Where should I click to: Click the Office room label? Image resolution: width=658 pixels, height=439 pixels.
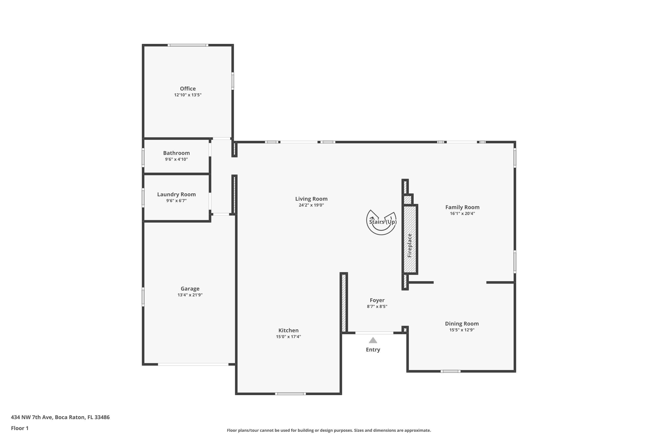pyautogui.click(x=188, y=88)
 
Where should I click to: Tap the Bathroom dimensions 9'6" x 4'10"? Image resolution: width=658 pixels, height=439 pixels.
pyautogui.click(x=176, y=159)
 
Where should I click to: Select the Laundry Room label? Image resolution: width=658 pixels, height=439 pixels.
pyautogui.click(x=176, y=194)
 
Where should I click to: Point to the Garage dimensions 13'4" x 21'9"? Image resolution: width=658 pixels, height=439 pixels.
pyautogui.click(x=190, y=295)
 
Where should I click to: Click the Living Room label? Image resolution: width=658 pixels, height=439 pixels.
pyautogui.click(x=311, y=199)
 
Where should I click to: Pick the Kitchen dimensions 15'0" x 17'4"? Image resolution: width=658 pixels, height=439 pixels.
pyautogui.click(x=288, y=336)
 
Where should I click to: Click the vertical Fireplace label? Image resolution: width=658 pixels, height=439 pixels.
pyautogui.click(x=409, y=246)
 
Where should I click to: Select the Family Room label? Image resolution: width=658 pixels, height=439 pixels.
pyautogui.click(x=462, y=207)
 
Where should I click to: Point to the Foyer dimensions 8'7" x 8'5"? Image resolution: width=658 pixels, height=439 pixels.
pyautogui.click(x=377, y=306)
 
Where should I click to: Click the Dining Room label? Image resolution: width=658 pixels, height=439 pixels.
pyautogui.click(x=462, y=324)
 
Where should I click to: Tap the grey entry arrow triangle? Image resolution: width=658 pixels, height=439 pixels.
pyautogui.click(x=373, y=340)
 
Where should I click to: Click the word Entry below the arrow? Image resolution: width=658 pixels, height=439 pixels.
pyautogui.click(x=373, y=350)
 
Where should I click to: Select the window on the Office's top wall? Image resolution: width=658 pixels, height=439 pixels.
pyautogui.click(x=188, y=45)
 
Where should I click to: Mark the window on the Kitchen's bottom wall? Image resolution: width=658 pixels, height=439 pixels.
pyautogui.click(x=290, y=394)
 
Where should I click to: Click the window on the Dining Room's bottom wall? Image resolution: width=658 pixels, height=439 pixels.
pyautogui.click(x=451, y=371)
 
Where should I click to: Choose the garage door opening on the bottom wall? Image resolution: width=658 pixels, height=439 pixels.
pyautogui.click(x=193, y=364)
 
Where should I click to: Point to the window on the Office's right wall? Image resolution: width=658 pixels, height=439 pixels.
pyautogui.click(x=233, y=81)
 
